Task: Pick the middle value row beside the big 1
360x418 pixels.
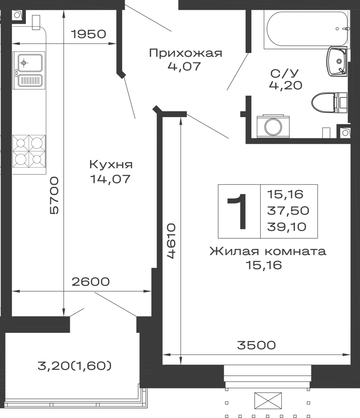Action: pos(289,210)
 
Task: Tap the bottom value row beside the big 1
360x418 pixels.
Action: pos(289,227)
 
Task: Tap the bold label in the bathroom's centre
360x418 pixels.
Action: pos(286,78)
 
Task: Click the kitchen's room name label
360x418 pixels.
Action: pos(110,165)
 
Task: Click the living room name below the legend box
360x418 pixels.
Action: pos(268,252)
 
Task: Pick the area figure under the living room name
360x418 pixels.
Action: pos(266,265)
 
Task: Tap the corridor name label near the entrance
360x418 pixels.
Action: pos(186,53)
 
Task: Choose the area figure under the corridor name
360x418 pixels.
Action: pos(184,66)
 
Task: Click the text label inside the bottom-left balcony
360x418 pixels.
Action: pos(76,366)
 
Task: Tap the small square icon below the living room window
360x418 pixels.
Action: pos(268,403)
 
